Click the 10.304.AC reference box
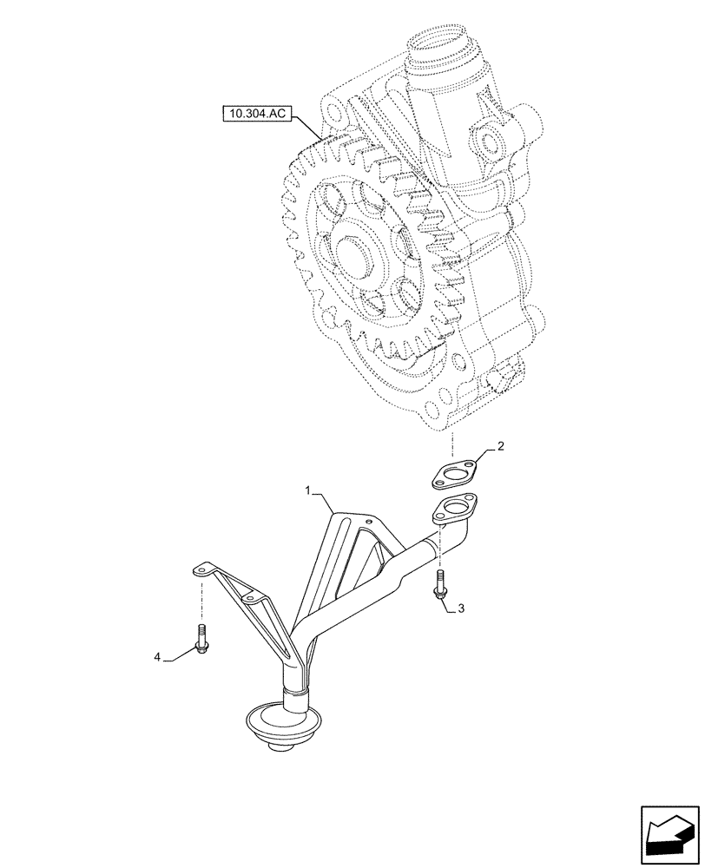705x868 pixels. click(257, 112)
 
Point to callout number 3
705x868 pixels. click(460, 608)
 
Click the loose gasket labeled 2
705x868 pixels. click(458, 474)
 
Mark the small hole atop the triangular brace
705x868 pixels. click(370, 522)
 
